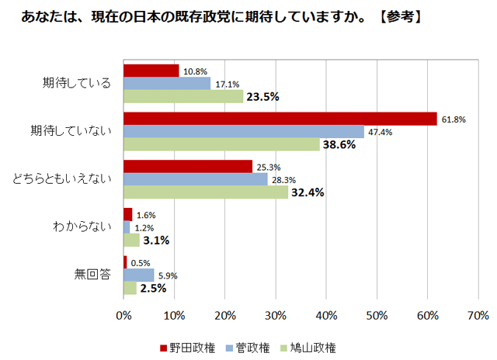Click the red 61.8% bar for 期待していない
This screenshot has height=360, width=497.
[x=280, y=119]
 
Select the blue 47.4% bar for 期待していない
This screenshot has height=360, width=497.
[x=243, y=132]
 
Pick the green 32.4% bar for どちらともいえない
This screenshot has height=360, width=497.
[x=205, y=192]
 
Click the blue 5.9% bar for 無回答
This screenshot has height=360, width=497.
[x=138, y=275]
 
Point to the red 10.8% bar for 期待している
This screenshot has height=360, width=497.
[x=151, y=71]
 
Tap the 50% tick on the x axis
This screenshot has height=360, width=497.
[x=377, y=316]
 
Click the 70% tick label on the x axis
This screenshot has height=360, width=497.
[x=478, y=316]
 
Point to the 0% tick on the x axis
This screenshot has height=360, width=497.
[x=123, y=316]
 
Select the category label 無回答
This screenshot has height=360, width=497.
[x=92, y=275]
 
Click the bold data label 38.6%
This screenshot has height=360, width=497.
[x=339, y=145]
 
